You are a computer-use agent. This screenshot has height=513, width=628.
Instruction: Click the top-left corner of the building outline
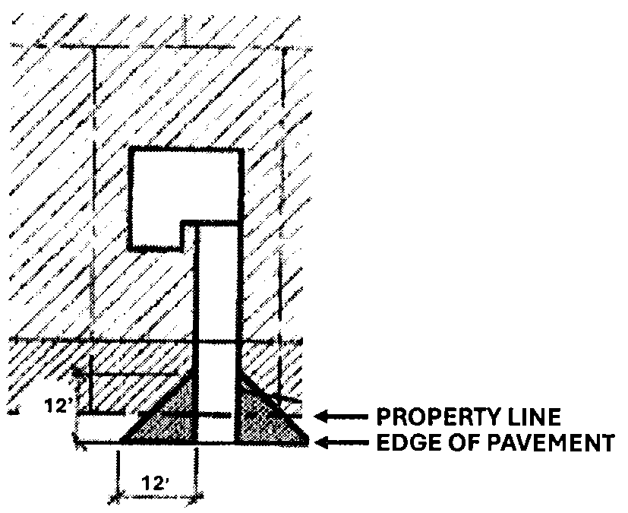click(x=131, y=150)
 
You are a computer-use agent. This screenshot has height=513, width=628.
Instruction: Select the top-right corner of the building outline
click(x=241, y=150)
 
